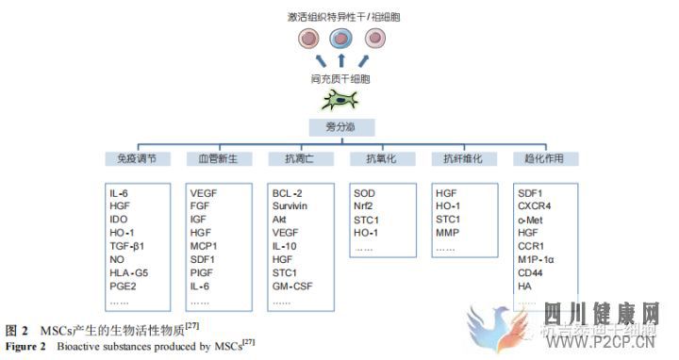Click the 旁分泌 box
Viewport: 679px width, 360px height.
pyautogui.click(x=342, y=126)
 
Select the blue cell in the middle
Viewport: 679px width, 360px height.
pyautogui.click(x=341, y=39)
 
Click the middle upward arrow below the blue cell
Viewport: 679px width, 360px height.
pyautogui.click(x=341, y=63)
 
